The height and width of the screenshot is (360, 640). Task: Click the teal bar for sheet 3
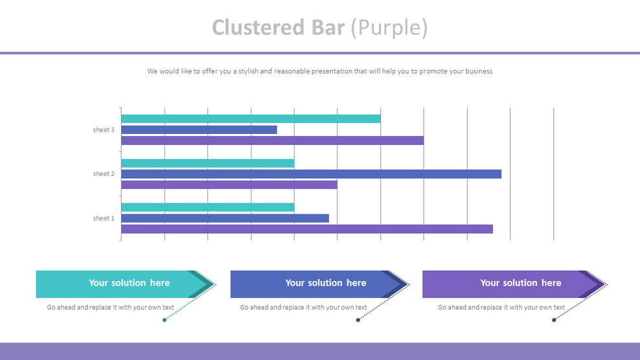[x=251, y=118]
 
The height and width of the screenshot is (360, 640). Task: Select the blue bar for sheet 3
[x=199, y=129]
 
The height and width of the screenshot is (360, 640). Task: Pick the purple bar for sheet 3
[x=272, y=141]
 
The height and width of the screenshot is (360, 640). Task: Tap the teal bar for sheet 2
[x=207, y=163]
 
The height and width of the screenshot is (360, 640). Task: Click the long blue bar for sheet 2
[x=311, y=174]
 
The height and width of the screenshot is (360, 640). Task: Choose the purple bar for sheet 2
[x=229, y=185]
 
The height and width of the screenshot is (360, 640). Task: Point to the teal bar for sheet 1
[x=207, y=207]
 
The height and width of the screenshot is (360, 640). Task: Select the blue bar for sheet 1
[x=225, y=218]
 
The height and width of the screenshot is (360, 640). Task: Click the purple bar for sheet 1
[x=307, y=229]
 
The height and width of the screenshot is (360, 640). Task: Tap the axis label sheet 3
[x=104, y=130]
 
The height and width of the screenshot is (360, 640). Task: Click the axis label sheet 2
[x=104, y=174]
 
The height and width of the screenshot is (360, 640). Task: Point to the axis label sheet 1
[x=104, y=218]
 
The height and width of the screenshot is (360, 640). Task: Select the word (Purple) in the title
[x=389, y=28]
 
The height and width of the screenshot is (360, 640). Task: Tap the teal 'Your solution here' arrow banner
[x=123, y=284]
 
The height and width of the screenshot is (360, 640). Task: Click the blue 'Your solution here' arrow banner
[x=317, y=284]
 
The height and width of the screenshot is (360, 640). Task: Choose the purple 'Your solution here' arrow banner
[x=512, y=284]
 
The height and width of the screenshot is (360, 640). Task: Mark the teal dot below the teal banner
[x=165, y=320]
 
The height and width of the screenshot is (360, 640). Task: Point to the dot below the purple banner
[x=554, y=320]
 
